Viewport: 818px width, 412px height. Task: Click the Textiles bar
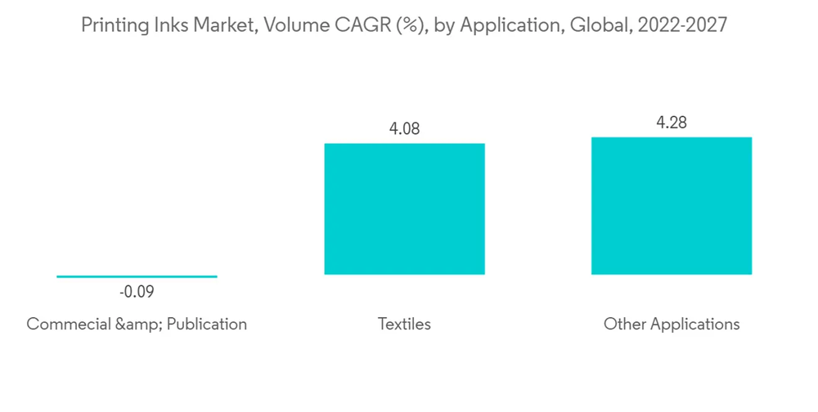coord(404,208)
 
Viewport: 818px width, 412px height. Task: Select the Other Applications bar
coord(672,205)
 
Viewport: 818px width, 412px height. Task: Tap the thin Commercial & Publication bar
coord(137,276)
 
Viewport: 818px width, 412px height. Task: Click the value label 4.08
coord(404,129)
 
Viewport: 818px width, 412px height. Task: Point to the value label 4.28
coord(672,123)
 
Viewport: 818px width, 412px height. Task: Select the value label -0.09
coord(137,293)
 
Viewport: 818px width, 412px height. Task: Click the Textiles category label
coord(404,325)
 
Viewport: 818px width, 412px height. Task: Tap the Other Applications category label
coord(672,325)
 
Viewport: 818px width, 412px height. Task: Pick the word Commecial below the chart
coord(68,325)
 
